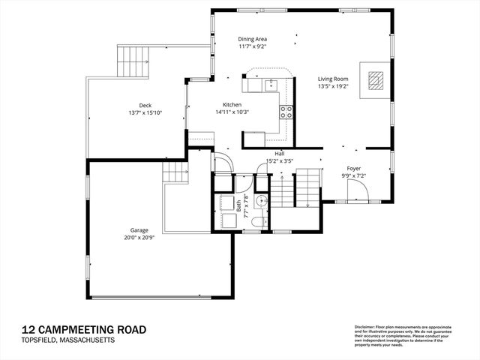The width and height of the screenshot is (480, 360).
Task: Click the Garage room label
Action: tap(138, 230)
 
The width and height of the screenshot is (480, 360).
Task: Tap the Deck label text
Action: tap(145, 105)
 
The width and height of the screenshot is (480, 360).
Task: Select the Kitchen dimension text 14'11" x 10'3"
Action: tap(232, 112)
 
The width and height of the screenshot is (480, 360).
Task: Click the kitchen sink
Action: tap(271, 85)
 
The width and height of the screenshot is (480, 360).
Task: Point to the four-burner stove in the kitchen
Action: tap(286, 112)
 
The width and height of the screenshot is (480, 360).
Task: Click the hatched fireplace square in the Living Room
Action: tap(376, 79)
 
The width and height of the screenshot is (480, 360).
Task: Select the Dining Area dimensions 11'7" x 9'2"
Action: tap(253, 46)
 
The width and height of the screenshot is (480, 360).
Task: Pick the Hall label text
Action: tap(279, 153)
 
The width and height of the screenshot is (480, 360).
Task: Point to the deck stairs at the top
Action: tap(133, 57)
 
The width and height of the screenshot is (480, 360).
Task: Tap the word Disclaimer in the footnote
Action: tap(367, 328)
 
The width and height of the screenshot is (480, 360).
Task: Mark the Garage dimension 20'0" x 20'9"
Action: tap(138, 238)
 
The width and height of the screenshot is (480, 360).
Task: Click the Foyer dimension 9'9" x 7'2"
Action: tap(354, 175)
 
